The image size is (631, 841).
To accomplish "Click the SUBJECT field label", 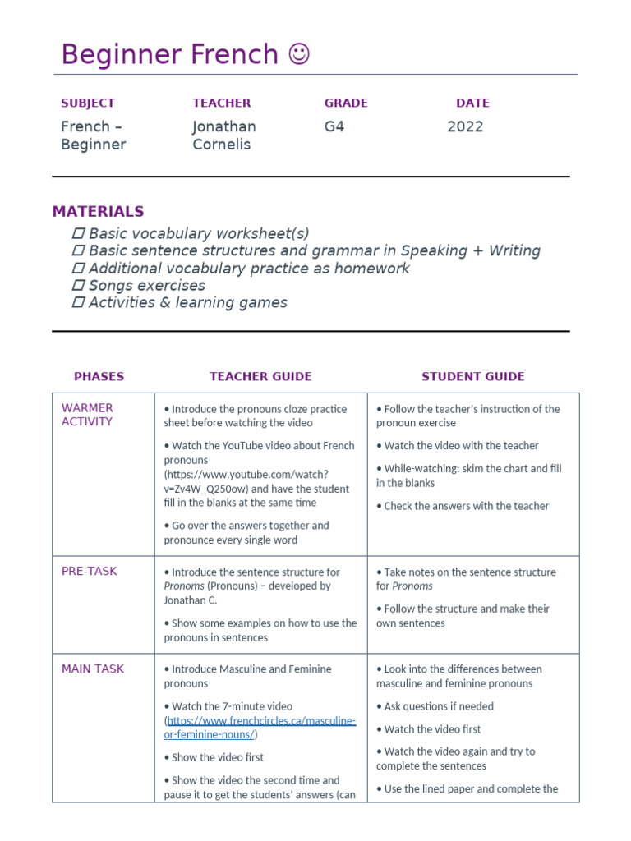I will [88, 103].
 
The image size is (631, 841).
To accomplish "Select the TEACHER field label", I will [221, 103].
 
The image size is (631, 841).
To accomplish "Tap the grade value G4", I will [334, 126].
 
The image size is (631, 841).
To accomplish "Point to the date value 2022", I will [465, 126].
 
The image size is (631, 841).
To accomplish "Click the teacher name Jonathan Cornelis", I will [223, 136].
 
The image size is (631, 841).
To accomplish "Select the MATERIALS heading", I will [98, 211].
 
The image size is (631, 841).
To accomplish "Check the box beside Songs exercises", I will [79, 286].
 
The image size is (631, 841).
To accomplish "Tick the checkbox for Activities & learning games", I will [79, 303].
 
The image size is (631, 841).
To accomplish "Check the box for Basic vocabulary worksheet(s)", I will [79, 234].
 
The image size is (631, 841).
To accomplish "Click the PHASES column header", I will [99, 376].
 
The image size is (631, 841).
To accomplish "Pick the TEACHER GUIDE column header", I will [260, 376].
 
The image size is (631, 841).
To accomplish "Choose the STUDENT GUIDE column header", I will [472, 376].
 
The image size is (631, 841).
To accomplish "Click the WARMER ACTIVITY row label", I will [87, 415].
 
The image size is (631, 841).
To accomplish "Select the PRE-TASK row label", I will [89, 571].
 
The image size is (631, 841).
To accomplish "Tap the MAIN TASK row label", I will [93, 669].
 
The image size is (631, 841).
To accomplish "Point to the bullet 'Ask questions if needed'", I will [438, 706].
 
